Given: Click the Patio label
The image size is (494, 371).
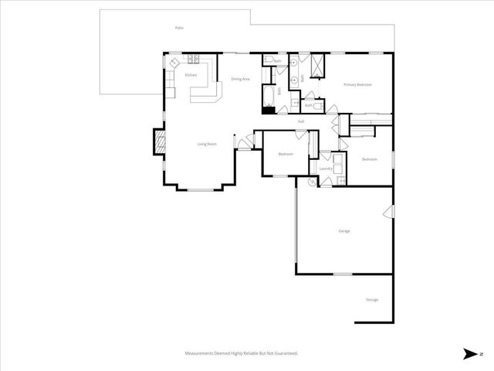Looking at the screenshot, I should tap(179, 28).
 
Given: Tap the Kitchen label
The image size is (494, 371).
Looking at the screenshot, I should tap(191, 75).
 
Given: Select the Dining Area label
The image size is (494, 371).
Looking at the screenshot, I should tap(240, 79).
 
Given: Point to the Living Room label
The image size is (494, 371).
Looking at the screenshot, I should tap(206, 144).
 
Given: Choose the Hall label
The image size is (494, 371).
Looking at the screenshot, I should tap(301, 121).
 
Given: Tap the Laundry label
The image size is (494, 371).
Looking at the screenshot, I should tap(326, 168).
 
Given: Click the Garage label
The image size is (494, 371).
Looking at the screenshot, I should tap(344, 230).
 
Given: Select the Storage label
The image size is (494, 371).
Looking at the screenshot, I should tap(372, 300).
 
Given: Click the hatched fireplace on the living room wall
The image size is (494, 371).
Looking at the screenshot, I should tap(160, 141).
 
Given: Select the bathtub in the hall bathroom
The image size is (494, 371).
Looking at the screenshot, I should tap(268, 96).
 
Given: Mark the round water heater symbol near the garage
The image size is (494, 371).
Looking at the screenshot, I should tap(313, 182).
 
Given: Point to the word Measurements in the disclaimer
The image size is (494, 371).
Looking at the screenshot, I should tap(200, 353).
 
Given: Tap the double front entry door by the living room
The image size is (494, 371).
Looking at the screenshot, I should tap(245, 141).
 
